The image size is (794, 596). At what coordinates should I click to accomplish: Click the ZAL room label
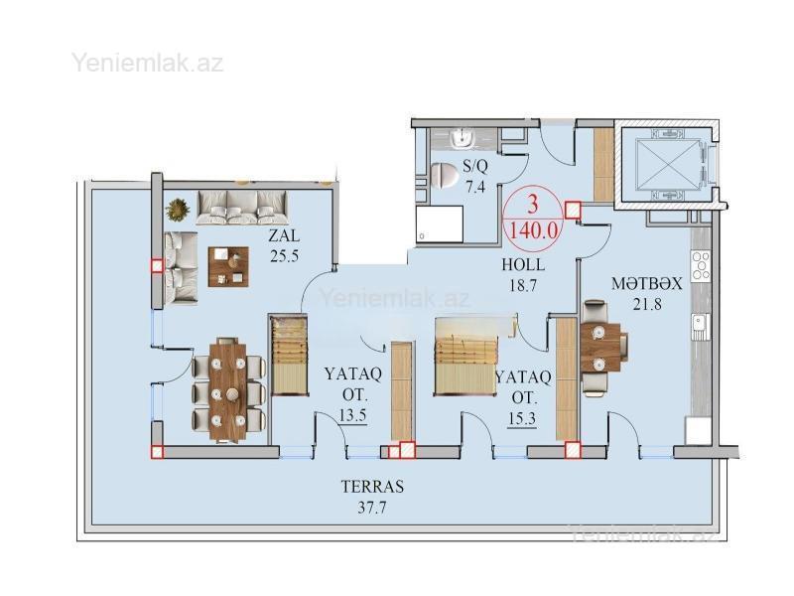[284, 236]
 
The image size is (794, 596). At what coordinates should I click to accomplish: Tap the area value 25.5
[284, 256]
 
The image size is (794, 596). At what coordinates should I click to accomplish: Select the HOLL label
[523, 264]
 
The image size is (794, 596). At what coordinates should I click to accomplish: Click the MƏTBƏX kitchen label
[647, 283]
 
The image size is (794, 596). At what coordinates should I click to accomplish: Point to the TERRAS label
[373, 487]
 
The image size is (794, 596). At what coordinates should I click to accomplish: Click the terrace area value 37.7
[372, 508]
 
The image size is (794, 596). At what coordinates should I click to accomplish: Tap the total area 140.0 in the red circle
[534, 231]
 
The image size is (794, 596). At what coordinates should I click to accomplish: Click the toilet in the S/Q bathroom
[444, 176]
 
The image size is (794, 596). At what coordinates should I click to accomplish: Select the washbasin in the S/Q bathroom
[462, 139]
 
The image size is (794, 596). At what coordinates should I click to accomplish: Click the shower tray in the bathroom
[440, 224]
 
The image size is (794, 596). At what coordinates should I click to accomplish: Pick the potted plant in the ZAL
[178, 210]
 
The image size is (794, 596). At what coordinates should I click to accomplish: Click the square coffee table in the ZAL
[228, 266]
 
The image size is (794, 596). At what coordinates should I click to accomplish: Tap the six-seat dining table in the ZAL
[228, 390]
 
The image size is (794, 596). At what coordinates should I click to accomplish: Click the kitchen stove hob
[701, 265]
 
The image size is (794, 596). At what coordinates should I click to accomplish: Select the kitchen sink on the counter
[702, 327]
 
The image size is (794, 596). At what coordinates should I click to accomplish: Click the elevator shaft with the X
[666, 165]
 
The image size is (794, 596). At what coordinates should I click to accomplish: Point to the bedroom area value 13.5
[352, 416]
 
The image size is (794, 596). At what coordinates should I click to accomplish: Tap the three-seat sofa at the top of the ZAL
[241, 208]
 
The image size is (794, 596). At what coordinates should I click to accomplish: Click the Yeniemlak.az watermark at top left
[147, 63]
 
